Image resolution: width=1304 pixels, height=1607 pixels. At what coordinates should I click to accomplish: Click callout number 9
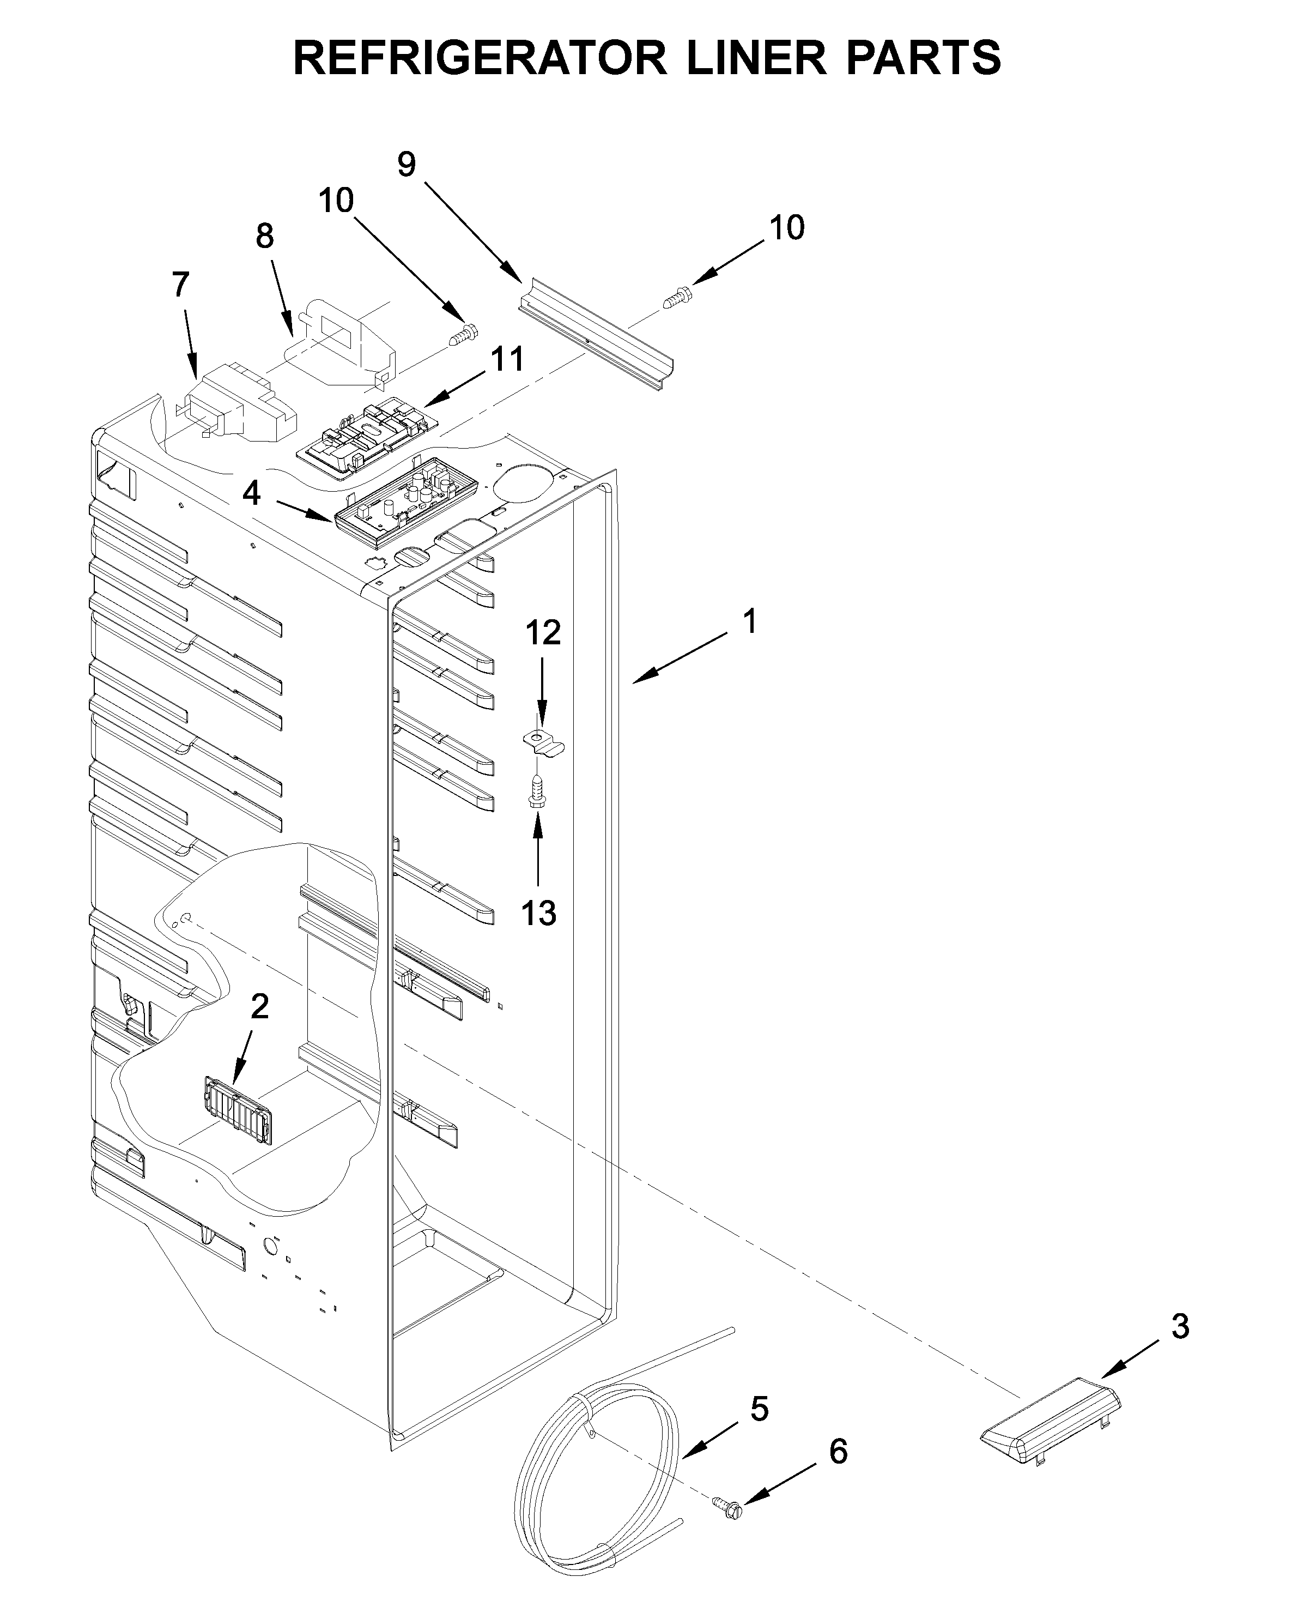click(407, 164)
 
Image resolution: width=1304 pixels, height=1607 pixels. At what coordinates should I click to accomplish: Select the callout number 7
click(180, 285)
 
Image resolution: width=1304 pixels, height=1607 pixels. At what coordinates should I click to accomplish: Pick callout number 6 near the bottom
click(838, 1452)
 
